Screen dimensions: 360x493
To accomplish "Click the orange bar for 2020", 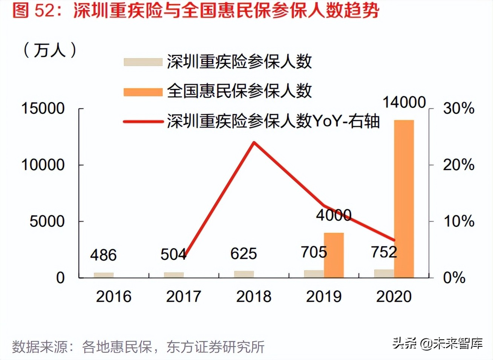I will [404, 199].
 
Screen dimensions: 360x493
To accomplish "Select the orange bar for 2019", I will [334, 255].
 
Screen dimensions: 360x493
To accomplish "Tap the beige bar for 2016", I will [104, 275].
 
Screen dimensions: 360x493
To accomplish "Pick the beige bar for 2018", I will [244, 274].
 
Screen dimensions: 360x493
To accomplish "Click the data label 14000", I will [404, 102].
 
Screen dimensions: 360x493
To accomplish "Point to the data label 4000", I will [334, 215].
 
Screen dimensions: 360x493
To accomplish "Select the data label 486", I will [103, 255].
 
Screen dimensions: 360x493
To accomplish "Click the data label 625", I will [243, 254].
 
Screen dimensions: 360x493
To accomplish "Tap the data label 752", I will [384, 252].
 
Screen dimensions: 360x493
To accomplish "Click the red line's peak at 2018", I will [254, 143].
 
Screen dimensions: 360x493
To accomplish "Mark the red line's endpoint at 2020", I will [394, 240].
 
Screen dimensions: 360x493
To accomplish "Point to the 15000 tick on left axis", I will [43, 108].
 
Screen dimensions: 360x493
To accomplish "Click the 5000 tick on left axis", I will [47, 221].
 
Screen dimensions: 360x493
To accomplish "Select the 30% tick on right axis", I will [458, 108].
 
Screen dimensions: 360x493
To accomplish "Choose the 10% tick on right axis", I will [458, 221].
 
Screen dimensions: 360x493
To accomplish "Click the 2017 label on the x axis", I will [184, 297].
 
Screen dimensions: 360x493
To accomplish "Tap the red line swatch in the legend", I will [143, 122].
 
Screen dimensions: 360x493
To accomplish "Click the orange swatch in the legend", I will [143, 92].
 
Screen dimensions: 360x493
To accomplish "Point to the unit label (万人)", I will [50, 50].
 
